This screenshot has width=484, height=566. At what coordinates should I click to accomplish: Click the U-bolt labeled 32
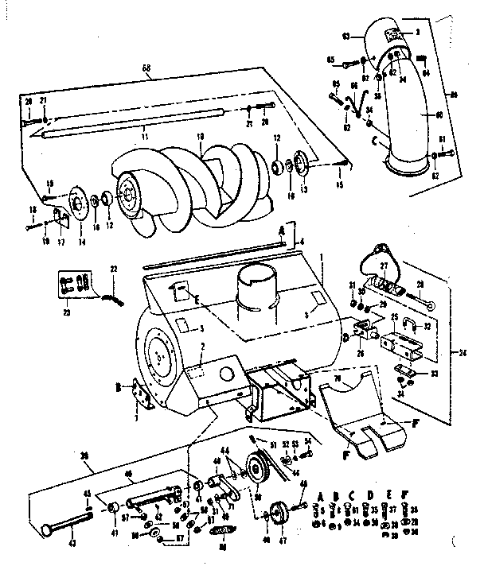point(407,324)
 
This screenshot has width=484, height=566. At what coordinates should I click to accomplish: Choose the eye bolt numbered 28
point(422,297)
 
